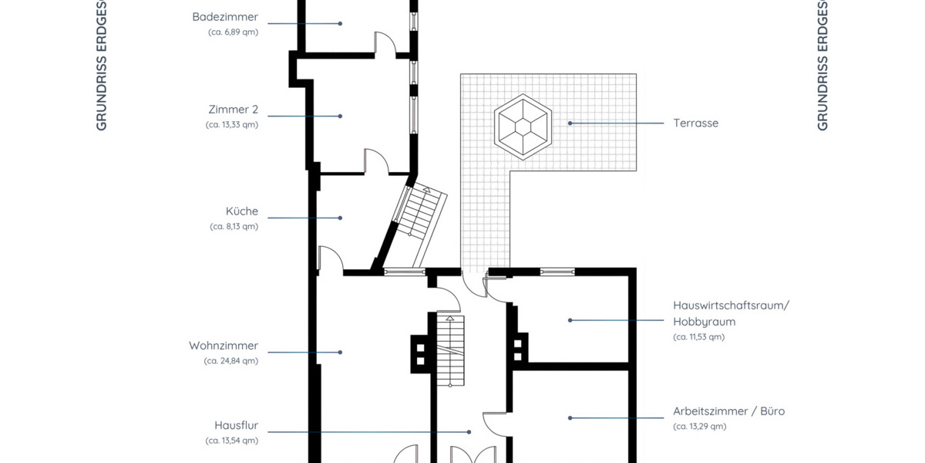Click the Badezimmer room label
coord(225,16)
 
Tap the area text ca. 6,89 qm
coord(233,32)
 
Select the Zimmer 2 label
coord(233,109)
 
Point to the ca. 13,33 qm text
coord(232,124)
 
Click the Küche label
coord(242,211)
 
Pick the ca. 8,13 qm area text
coord(234,226)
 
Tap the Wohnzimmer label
coord(224,346)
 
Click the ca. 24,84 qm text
coord(231,360)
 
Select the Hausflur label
coord(236,425)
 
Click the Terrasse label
coord(695,123)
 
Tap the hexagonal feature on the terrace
coord(523,125)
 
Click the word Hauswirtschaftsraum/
coord(731,306)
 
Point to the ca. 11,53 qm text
coord(698,336)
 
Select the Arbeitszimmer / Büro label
coord(728,411)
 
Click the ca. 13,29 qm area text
coord(699,426)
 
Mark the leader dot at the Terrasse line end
coord(570,123)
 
